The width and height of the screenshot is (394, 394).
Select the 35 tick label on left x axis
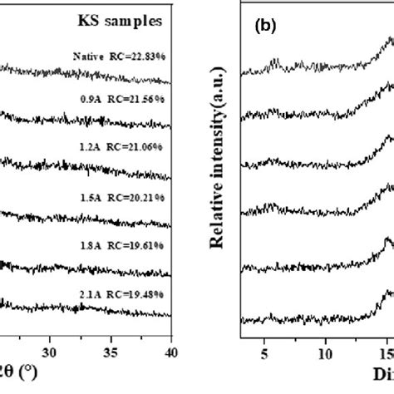tap(111, 350)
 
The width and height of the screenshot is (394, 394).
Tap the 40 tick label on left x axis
tap(170, 350)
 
